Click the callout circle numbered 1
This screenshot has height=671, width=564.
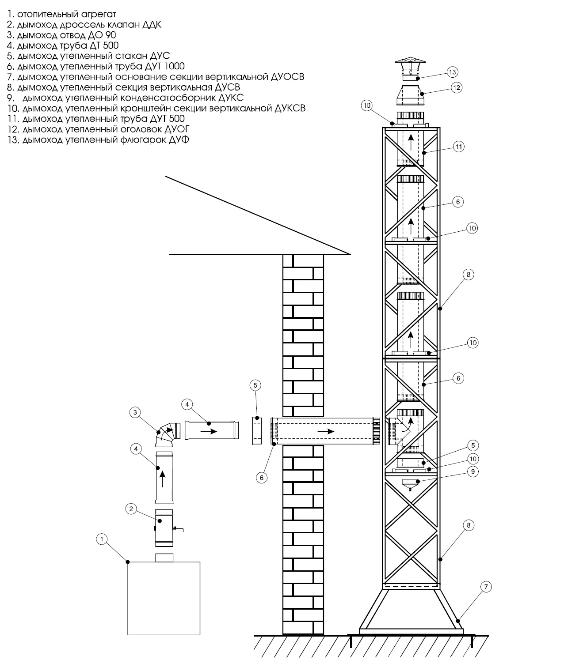point(102,539)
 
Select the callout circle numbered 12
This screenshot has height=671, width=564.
point(456,87)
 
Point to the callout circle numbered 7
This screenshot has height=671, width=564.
point(486,587)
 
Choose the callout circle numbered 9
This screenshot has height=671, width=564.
point(473,471)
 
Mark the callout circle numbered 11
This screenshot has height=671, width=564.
point(459,147)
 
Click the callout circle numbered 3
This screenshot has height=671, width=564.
point(136,413)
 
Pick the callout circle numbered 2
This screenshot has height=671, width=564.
point(130,509)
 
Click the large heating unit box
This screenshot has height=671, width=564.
point(164,598)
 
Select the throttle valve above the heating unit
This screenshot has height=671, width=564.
point(164,528)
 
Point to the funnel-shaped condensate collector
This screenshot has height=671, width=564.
point(411,484)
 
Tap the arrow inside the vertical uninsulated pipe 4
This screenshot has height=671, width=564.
point(163,479)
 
